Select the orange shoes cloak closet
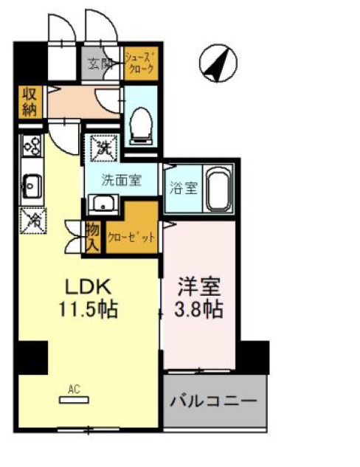pos(139,63)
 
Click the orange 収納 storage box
pos(29,103)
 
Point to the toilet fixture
pos(141,122)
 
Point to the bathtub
pos(218,190)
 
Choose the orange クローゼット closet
pos(131,238)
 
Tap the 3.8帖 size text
pos(199,308)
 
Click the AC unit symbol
pos(74,398)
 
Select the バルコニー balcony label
pos(214,401)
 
